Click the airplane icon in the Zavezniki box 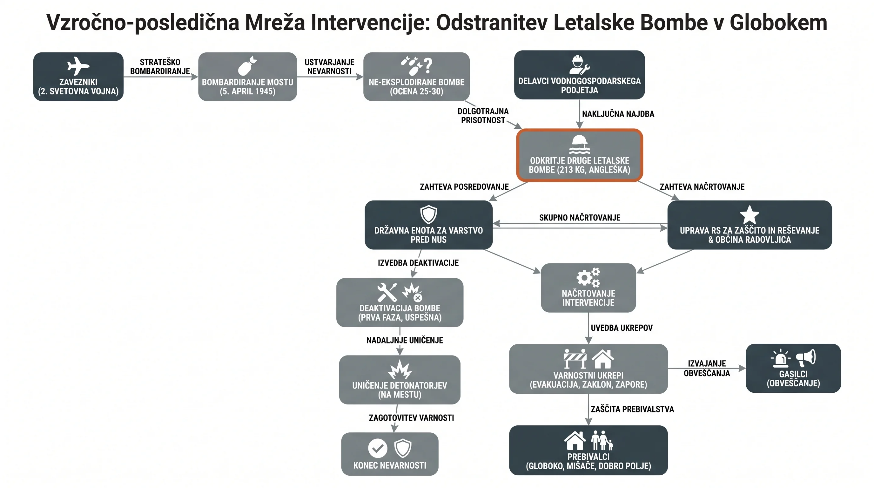(78, 66)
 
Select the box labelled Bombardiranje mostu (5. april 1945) (248, 77)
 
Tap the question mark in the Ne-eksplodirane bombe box (428, 65)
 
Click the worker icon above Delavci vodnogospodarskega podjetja (579, 65)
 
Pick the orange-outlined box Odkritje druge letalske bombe (580, 155)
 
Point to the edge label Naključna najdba (618, 114)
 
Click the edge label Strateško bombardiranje (160, 67)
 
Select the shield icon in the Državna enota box (428, 214)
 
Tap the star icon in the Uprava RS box (750, 214)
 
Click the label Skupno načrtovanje (580, 218)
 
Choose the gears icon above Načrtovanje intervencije (588, 277)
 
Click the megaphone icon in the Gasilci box (806, 358)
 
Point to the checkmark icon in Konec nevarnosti (378, 448)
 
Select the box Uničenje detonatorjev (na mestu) (400, 380)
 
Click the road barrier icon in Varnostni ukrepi (575, 359)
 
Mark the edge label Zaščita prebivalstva (632, 409)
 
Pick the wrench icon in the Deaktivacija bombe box (387, 292)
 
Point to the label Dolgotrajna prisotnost (483, 116)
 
